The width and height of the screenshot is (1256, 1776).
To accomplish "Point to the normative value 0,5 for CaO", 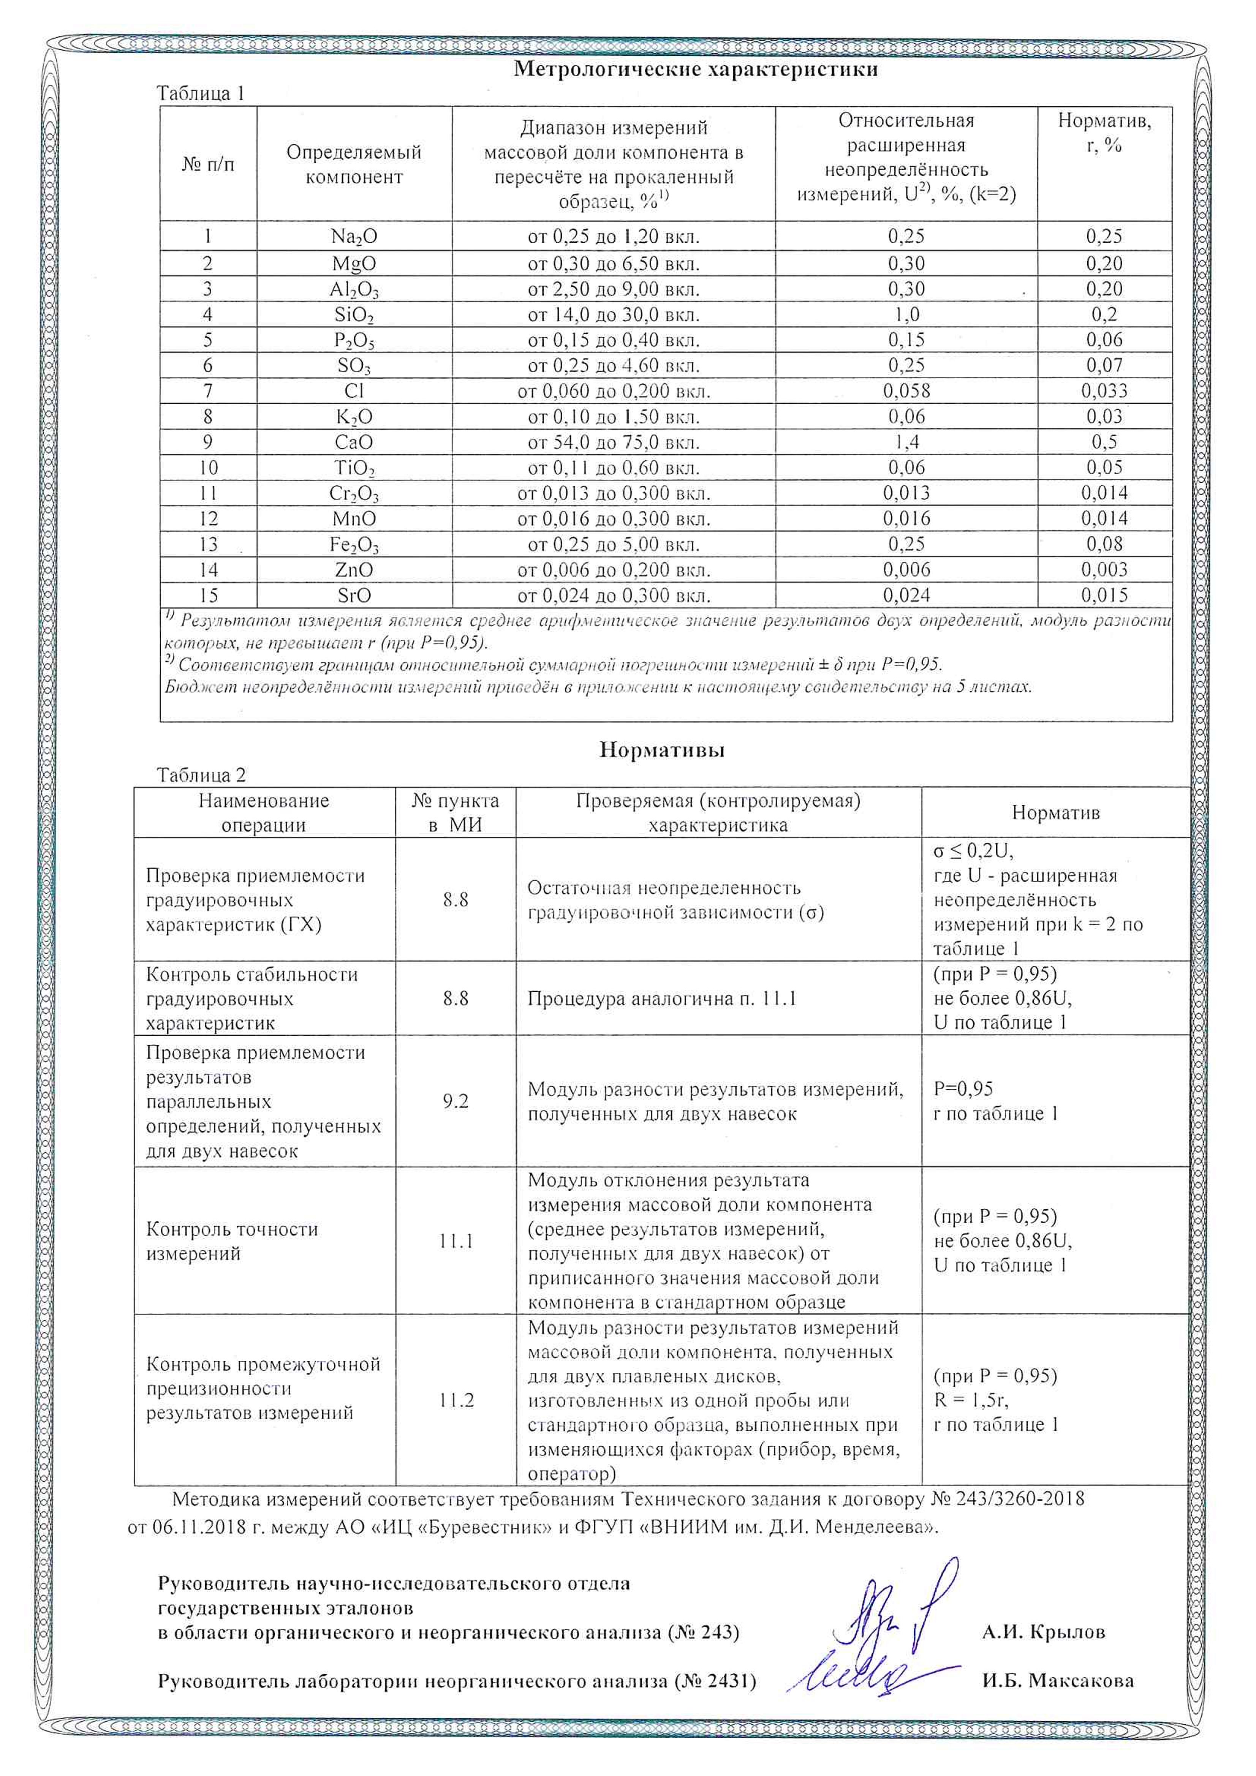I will point(1104,442).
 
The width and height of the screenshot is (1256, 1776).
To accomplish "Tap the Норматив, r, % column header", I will point(1104,133).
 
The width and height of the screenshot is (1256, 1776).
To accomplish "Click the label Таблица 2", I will point(201,775).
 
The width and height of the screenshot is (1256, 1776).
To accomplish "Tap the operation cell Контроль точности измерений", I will point(232,1242).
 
